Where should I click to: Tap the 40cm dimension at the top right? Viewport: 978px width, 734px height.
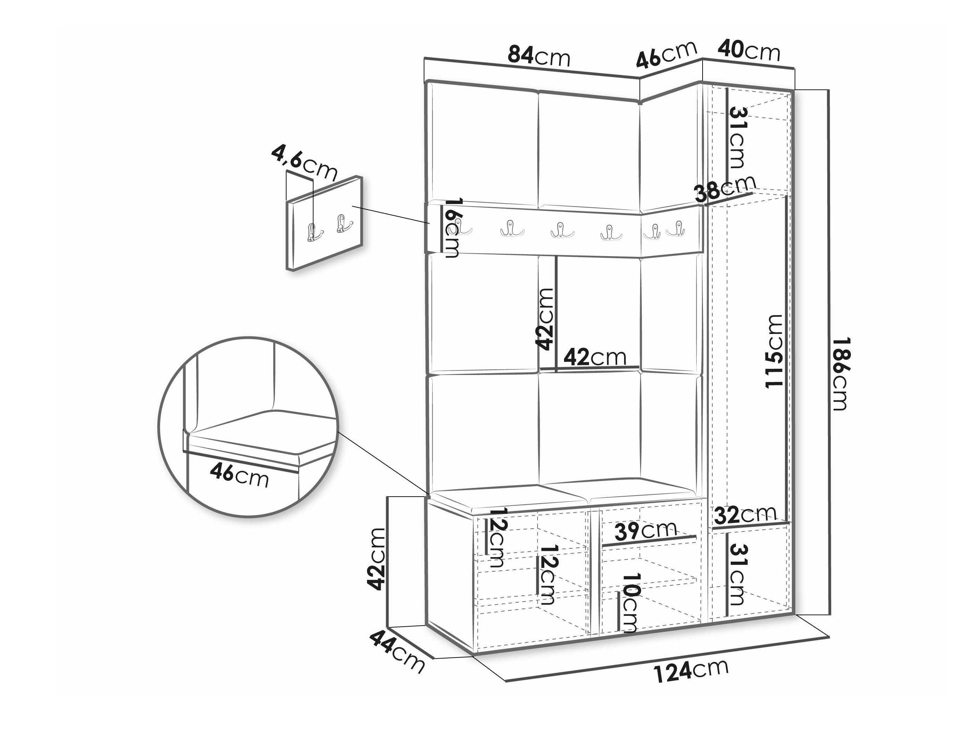point(748,51)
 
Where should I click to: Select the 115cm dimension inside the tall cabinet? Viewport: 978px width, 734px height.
point(773,351)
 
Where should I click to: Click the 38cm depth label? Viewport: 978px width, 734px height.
point(725,189)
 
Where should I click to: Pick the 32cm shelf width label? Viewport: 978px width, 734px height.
point(745,515)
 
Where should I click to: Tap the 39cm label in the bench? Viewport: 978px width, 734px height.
point(646,530)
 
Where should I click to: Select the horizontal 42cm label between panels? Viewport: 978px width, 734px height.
point(595,357)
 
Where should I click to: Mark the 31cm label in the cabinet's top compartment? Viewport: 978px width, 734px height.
point(736,138)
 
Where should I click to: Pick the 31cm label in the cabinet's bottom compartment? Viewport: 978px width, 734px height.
point(736,574)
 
